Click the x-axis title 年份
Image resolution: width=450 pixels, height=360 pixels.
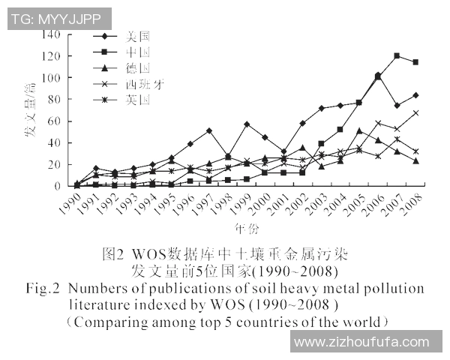242,226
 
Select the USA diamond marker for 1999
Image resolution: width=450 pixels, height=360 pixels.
247,124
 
